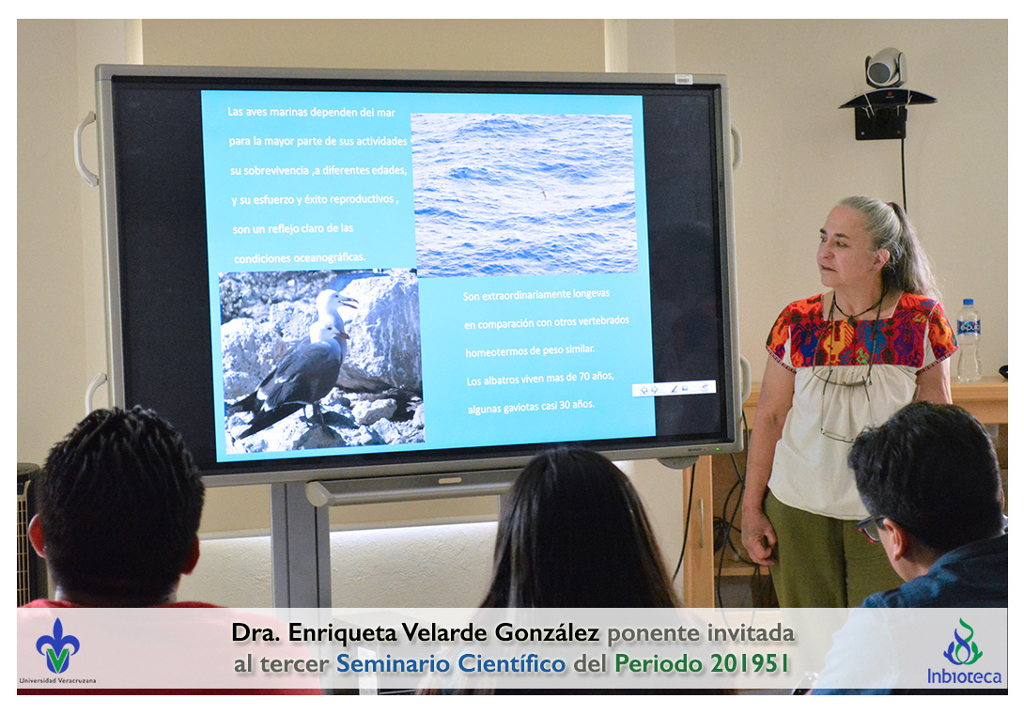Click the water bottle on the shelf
[969, 340]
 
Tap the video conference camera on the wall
[886, 68]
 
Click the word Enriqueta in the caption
[342, 633]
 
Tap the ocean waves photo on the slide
[524, 194]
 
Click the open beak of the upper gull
[349, 302]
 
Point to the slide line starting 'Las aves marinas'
[311, 112]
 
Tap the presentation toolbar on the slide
[674, 389]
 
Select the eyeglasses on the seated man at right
[872, 526]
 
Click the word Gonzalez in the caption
[547, 633]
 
